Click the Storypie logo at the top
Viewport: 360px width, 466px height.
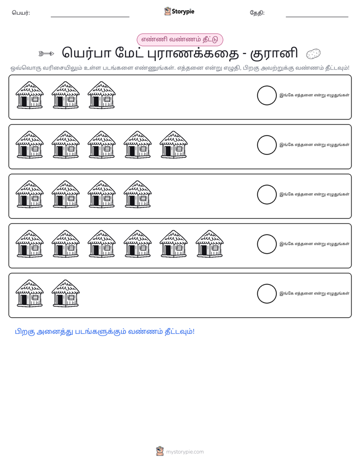coord(179,11)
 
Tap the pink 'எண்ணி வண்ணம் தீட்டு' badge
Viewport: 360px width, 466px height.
coord(179,39)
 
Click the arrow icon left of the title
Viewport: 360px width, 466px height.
coord(46,54)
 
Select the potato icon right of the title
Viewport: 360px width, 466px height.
coord(314,54)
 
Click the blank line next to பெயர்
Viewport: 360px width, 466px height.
coord(90,17)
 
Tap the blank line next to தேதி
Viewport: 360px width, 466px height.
coord(317,17)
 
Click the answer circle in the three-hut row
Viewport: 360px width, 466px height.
coord(267,95)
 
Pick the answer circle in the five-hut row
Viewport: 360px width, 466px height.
coord(267,145)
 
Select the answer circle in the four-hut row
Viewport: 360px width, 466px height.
coord(267,195)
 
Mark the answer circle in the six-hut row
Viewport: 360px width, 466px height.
coord(267,244)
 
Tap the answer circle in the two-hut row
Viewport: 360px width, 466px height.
coord(267,294)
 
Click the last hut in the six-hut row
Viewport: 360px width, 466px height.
coord(209,244)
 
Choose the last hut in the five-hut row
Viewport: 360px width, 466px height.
coord(173,145)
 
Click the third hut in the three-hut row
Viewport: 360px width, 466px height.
coord(101,95)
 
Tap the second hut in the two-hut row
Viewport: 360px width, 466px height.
coord(66,294)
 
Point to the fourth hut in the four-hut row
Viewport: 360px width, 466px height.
coord(138,194)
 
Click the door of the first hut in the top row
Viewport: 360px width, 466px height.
coord(24,102)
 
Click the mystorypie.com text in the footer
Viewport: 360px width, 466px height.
coord(185,452)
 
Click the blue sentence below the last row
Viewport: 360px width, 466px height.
coord(104,332)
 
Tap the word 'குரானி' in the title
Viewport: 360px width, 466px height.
coord(274,53)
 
